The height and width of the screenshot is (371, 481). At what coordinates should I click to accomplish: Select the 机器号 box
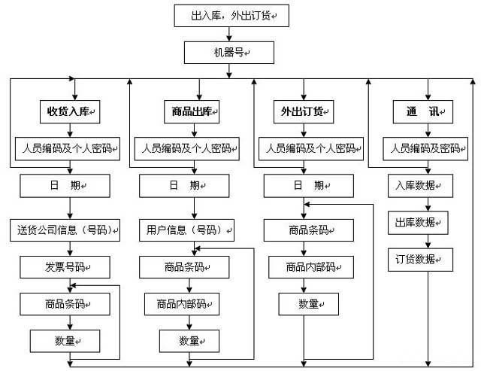[x=228, y=51]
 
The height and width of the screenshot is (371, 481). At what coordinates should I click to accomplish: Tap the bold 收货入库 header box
[x=69, y=111]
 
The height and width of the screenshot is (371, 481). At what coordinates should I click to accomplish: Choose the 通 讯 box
[x=422, y=112]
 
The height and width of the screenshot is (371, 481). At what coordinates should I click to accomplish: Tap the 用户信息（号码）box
[x=186, y=230]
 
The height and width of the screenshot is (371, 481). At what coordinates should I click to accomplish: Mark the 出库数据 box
[x=420, y=223]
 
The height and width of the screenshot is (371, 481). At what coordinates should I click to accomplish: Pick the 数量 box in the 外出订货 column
[x=309, y=303]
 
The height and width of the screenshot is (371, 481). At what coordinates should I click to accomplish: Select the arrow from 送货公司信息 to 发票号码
[x=69, y=248]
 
